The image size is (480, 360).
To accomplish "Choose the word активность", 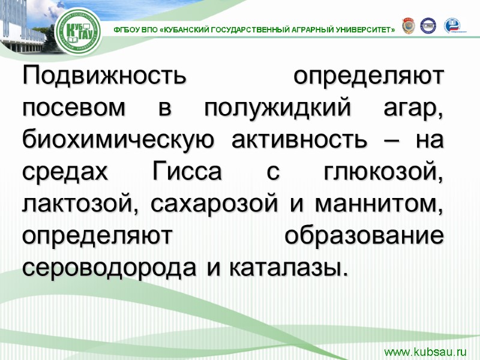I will coord(298,140).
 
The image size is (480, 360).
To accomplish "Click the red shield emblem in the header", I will coord(407,25).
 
